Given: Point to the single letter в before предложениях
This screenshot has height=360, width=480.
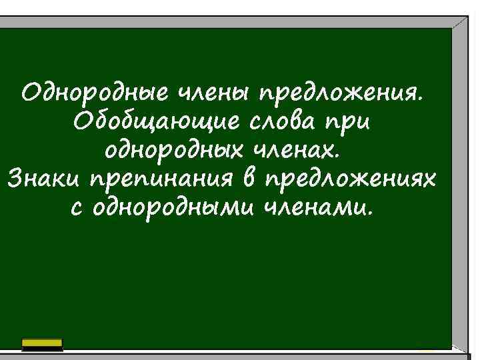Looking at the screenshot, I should click(250, 180).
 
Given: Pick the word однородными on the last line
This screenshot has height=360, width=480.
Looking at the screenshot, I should click(168, 211).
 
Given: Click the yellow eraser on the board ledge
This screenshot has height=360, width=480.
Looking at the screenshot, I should click(42, 344).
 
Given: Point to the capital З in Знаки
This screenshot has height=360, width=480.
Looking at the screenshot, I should click(15, 180).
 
